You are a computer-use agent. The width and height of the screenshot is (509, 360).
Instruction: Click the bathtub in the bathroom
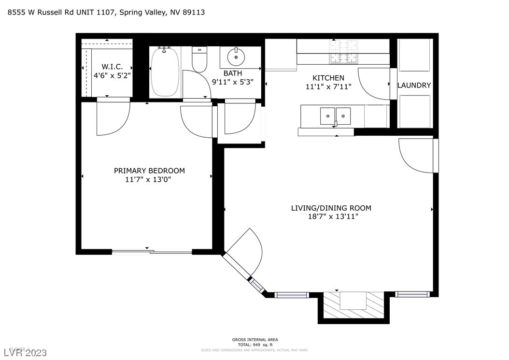point(165,72)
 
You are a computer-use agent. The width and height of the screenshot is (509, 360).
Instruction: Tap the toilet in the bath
point(199,60)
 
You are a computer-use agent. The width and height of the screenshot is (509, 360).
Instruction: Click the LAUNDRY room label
point(414,86)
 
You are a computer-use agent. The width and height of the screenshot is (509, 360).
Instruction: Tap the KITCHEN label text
point(328,78)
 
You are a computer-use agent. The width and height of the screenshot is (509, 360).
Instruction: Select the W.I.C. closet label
point(112,66)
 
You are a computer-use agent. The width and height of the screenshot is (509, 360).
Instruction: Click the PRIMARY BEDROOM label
point(149,171)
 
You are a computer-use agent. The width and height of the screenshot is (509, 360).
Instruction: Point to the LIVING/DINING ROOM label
point(331,208)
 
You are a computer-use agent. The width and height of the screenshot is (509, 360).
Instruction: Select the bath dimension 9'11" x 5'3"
point(232,82)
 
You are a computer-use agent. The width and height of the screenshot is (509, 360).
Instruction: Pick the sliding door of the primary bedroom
point(152,251)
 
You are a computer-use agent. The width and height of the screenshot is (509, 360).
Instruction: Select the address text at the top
point(106,13)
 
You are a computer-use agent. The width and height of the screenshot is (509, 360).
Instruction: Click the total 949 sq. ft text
point(254,345)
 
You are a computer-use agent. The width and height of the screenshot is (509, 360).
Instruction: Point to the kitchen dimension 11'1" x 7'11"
point(328,86)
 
